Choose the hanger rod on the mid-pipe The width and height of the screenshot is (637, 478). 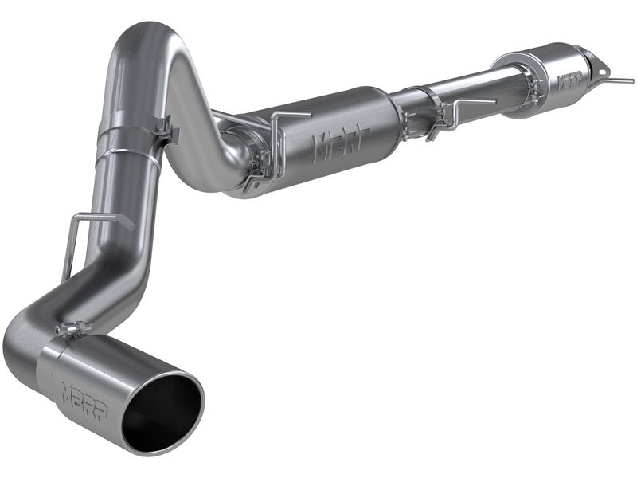coord(462,108)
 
